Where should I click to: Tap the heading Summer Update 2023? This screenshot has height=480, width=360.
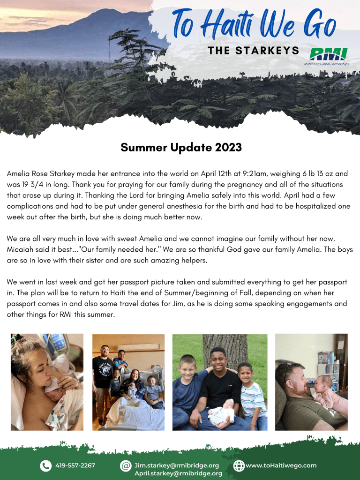click(x=181, y=147)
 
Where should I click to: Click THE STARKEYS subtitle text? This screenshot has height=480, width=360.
click(x=254, y=51)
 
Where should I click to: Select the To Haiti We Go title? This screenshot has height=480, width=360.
click(x=254, y=24)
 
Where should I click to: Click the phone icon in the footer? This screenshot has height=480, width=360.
click(x=46, y=465)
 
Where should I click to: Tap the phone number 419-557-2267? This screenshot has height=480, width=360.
click(x=75, y=465)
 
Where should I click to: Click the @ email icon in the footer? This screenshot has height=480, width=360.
click(x=126, y=465)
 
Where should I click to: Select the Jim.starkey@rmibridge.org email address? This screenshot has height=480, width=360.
click(x=177, y=465)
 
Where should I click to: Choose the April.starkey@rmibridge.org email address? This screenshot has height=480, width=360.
click(x=179, y=473)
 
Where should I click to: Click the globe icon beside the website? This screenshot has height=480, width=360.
click(x=239, y=465)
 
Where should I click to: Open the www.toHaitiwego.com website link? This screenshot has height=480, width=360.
click(x=281, y=465)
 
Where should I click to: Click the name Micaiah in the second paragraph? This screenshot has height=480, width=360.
click(x=19, y=249)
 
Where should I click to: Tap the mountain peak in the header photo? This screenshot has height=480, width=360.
click(x=104, y=10)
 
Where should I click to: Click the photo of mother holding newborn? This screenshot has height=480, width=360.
click(x=47, y=382)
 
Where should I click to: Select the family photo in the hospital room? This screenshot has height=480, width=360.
click(x=128, y=382)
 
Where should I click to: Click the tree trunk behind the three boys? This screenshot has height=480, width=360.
click(x=225, y=349)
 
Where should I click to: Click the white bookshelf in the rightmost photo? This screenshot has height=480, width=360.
click(x=329, y=375)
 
